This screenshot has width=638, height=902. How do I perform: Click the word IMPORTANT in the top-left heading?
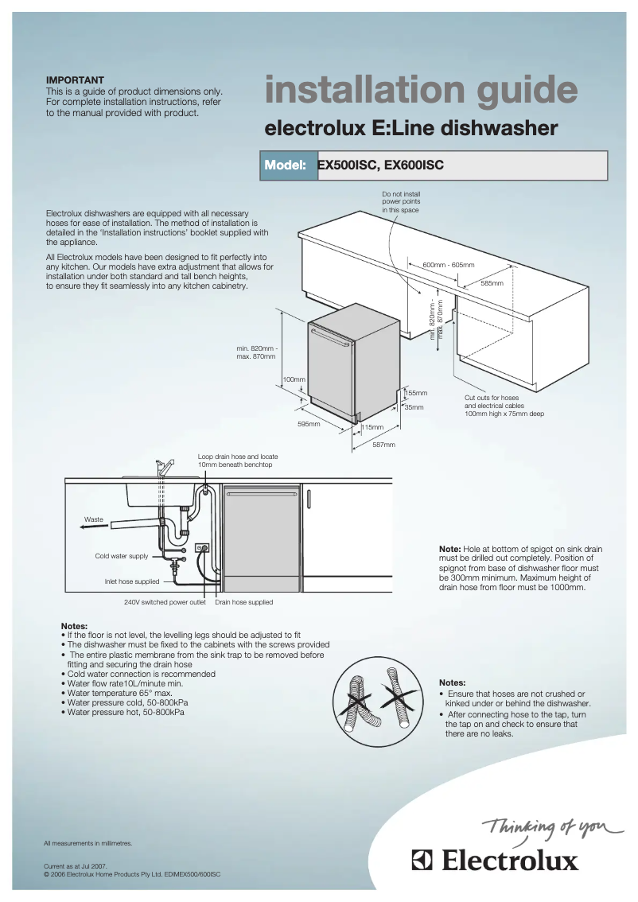tap(75, 80)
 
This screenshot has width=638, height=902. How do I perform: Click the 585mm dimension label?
tap(492, 283)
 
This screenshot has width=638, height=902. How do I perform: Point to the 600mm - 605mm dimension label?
tap(448, 264)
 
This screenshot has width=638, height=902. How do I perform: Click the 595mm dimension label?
tap(309, 424)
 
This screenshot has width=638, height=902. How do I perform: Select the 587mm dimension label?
tap(383, 445)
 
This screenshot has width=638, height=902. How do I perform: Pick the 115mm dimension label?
tap(372, 428)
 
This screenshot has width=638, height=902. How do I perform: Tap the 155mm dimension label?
tap(416, 393)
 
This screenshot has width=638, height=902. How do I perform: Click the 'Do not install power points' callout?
tap(401, 202)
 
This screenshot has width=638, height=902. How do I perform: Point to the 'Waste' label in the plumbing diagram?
tap(94, 519)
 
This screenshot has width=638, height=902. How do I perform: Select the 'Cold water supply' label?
tap(122, 556)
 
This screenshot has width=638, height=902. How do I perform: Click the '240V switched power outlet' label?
tap(165, 602)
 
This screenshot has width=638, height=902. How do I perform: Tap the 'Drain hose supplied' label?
tap(243, 602)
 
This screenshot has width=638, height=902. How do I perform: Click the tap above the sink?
tap(165, 466)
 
